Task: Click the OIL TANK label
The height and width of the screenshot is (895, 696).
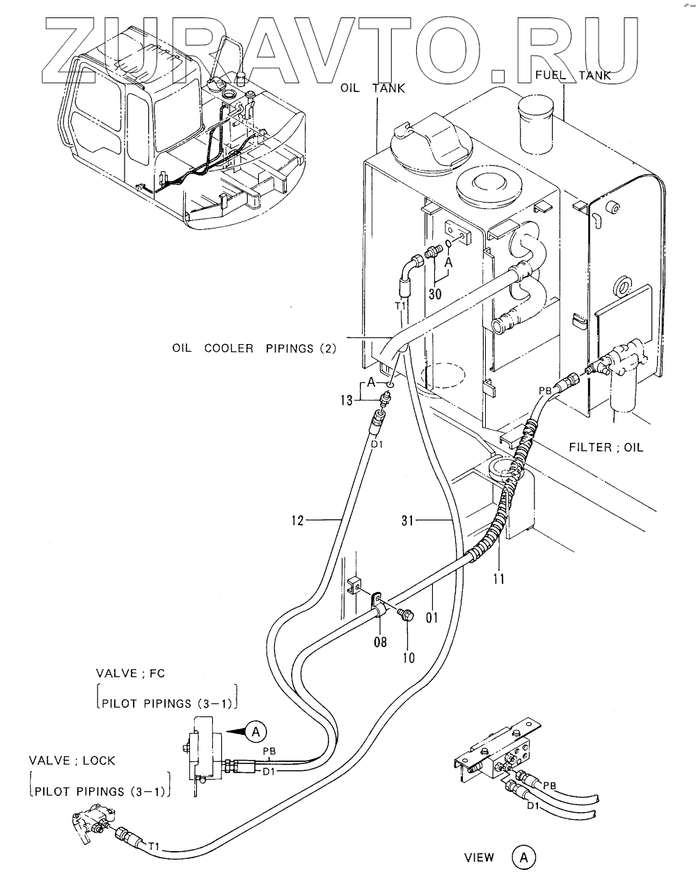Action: pyautogui.click(x=372, y=88)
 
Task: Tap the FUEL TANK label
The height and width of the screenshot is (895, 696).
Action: pyautogui.click(x=573, y=75)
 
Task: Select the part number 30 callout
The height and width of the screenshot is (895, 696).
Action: pyautogui.click(x=435, y=294)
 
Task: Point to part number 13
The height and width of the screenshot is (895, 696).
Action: pyautogui.click(x=347, y=400)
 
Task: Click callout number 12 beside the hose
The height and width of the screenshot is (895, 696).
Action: pyautogui.click(x=297, y=520)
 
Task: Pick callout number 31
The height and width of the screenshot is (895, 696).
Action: pyautogui.click(x=407, y=520)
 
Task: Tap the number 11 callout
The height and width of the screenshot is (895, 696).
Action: pyautogui.click(x=498, y=579)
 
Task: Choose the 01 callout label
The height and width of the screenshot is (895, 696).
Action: pyautogui.click(x=432, y=617)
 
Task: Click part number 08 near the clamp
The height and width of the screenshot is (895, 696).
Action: pyautogui.click(x=380, y=641)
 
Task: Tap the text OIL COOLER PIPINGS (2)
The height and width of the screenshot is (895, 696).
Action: pyautogui.click(x=254, y=348)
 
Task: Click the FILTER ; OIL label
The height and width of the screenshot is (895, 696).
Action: pyautogui.click(x=606, y=447)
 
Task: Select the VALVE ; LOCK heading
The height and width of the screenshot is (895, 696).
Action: pyautogui.click(x=72, y=761)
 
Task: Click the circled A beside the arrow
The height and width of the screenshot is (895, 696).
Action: pyautogui.click(x=256, y=731)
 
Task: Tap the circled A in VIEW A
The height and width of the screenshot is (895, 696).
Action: pyautogui.click(x=523, y=857)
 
